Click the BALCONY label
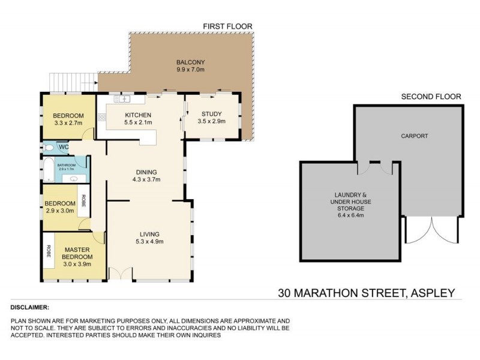[190, 62]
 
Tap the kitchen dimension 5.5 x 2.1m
[137, 123]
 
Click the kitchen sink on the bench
[125, 98]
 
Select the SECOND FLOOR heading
[431, 96]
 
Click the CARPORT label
[415, 136]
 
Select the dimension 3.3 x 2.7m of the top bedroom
[68, 123]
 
